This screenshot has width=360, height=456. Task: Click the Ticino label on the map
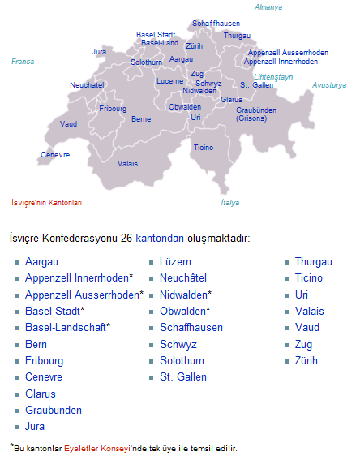point(204,148)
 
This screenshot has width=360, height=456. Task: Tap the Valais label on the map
point(127,163)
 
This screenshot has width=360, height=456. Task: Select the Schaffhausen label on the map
point(216,24)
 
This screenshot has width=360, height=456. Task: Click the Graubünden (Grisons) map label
point(256,114)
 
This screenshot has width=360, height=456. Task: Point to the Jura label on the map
point(99,51)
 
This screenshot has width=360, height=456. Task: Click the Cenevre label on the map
point(54,154)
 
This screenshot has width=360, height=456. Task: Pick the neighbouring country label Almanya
point(268,6)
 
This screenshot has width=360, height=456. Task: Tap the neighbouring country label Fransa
point(23,61)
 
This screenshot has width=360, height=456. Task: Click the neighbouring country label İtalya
point(231,203)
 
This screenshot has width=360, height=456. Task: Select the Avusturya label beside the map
point(329,84)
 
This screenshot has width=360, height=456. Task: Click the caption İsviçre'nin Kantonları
point(47,203)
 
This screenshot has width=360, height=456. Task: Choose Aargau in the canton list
point(41,262)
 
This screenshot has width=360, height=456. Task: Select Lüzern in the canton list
point(175,262)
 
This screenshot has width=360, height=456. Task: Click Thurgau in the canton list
point(313,262)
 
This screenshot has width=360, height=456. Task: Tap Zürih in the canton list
point(307,360)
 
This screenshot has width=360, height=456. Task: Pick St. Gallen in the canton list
point(183,376)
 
